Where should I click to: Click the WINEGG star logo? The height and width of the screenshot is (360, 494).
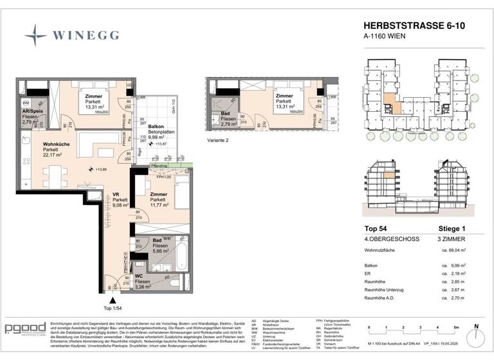(35, 33)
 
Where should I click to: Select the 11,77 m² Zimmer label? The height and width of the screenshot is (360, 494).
(159, 199)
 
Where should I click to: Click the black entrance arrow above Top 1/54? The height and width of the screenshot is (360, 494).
(113, 299)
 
